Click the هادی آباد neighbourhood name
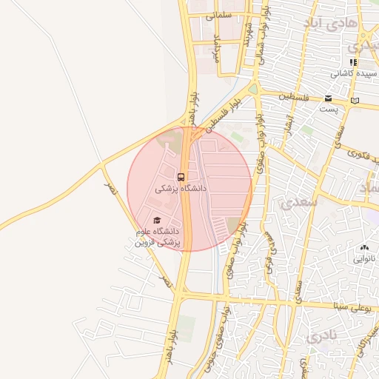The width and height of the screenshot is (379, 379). (330, 24)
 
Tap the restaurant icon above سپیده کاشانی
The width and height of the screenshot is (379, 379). (353, 62)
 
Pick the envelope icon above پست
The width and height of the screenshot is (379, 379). (328, 98)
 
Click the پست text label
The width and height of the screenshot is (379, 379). (328, 110)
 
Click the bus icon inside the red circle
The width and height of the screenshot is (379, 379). (181, 177)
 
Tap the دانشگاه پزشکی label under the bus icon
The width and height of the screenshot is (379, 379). (181, 189)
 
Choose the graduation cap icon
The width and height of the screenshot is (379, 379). (156, 220)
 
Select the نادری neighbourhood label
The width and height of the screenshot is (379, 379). (321, 337)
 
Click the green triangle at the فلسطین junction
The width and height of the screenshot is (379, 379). (253, 89)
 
